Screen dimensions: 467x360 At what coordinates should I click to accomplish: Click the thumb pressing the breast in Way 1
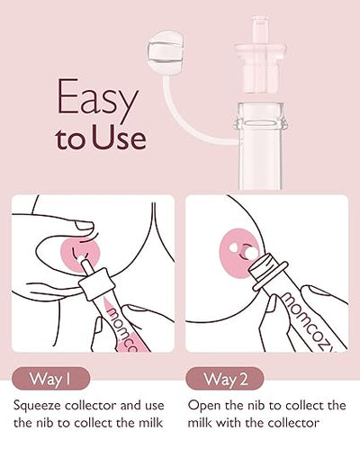71,225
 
